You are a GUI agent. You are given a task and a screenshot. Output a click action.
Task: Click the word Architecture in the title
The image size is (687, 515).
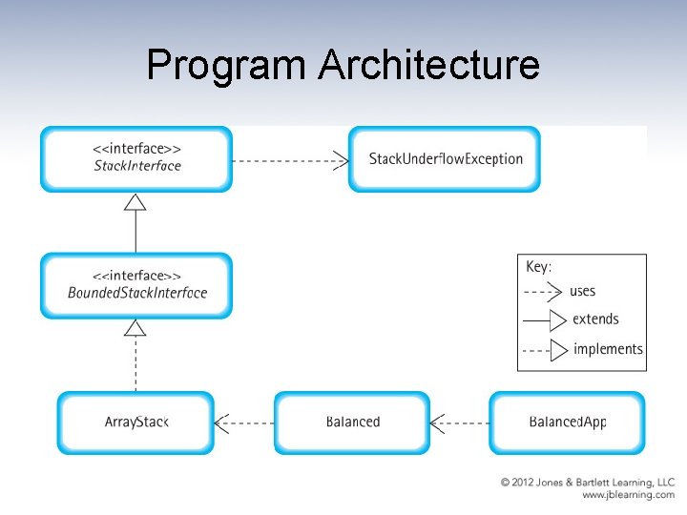(x=428, y=66)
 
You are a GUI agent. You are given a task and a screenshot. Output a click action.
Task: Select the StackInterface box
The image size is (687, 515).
(x=136, y=158)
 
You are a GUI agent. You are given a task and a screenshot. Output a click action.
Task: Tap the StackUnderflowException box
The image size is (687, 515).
(x=445, y=158)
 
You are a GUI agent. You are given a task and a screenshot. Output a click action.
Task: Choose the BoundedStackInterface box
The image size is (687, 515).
(x=136, y=285)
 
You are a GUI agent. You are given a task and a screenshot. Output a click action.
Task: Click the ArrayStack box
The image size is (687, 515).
(x=136, y=422)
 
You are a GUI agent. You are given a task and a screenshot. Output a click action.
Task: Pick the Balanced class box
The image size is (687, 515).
(x=352, y=422)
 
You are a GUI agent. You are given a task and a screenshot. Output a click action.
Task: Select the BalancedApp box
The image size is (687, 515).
(x=567, y=422)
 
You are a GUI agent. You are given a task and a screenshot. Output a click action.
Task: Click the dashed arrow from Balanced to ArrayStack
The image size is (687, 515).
(x=245, y=422)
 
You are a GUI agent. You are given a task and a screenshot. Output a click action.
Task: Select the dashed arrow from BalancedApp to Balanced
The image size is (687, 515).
(x=460, y=422)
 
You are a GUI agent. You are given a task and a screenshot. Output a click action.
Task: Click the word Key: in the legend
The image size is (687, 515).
(x=539, y=267)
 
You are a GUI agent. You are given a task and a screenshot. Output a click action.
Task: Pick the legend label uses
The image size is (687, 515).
(x=582, y=291)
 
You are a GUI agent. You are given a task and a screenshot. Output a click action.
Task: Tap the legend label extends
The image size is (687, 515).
(x=595, y=319)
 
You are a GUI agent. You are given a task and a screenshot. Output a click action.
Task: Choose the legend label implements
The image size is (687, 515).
(x=608, y=349)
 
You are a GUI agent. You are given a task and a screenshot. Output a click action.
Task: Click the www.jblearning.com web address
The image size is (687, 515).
(x=628, y=495)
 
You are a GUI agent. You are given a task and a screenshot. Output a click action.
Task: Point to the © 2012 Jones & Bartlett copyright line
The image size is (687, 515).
(x=588, y=483)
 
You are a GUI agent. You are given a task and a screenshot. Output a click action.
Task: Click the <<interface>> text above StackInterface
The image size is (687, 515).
(x=137, y=149)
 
